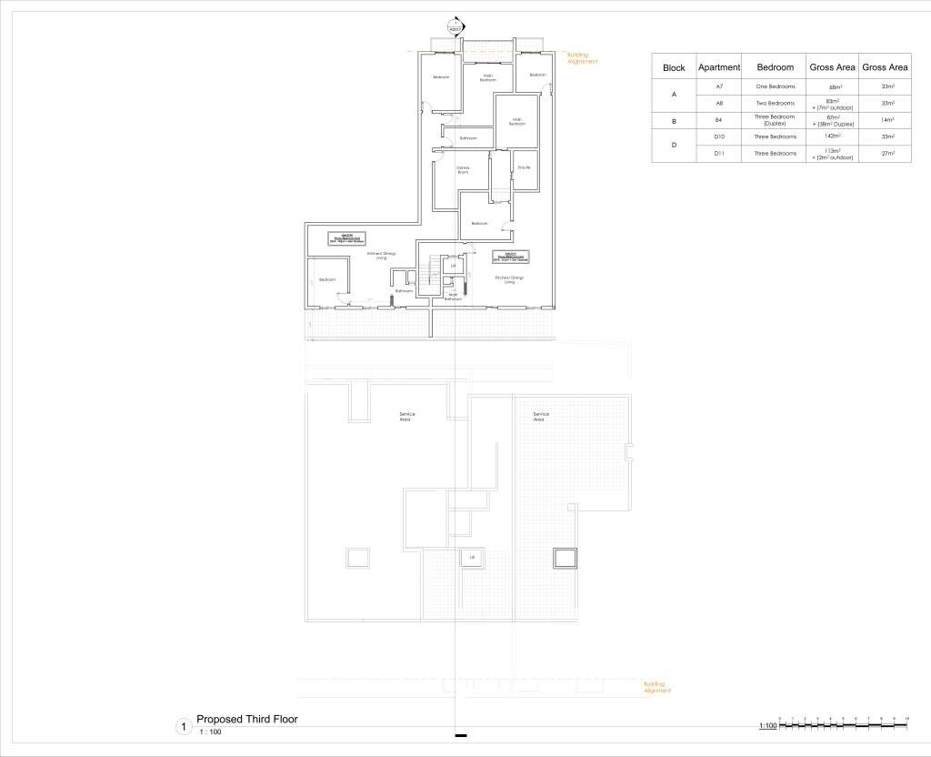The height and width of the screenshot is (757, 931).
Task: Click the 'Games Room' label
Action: (x=463, y=169)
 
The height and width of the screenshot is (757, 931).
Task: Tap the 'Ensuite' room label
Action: (x=523, y=167)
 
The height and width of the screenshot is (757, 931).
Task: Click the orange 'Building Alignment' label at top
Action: (x=583, y=58)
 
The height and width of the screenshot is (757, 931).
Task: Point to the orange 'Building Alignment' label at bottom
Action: (x=657, y=687)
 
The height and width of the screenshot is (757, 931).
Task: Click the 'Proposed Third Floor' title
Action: (x=247, y=719)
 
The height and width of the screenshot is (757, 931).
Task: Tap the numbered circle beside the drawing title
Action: (x=184, y=727)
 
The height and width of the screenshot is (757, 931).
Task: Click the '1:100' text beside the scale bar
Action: (x=767, y=726)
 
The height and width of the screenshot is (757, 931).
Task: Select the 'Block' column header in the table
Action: (x=674, y=67)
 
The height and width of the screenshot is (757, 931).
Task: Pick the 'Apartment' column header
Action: (x=719, y=67)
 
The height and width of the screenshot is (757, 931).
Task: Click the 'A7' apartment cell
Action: (x=719, y=86)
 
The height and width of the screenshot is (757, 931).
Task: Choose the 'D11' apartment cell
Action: (x=719, y=154)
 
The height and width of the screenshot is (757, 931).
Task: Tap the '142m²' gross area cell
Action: (x=832, y=136)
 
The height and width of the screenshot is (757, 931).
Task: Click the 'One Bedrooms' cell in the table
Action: (x=776, y=86)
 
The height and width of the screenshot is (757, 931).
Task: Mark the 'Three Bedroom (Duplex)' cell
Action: (x=776, y=120)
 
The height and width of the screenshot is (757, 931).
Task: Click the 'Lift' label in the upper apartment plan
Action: (x=453, y=267)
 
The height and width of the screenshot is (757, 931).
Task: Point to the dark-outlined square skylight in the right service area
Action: (x=565, y=558)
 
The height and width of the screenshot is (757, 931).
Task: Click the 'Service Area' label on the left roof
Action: (x=407, y=417)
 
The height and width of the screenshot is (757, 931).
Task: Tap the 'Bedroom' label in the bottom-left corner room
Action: (x=327, y=279)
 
